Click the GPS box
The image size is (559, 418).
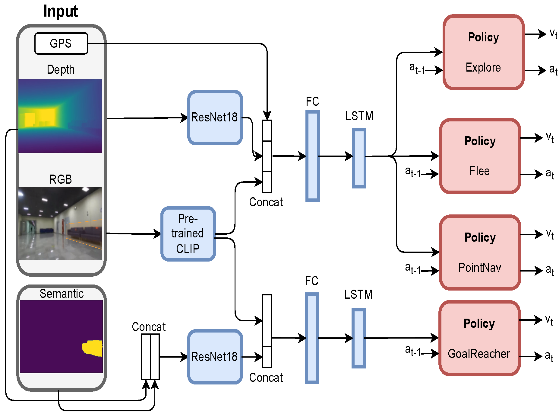pos(61,43)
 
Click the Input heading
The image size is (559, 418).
pos(61,11)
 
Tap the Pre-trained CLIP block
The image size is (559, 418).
pos(188,234)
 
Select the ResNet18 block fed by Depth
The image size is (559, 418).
pos(215,117)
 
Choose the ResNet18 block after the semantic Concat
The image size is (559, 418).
pos(215,357)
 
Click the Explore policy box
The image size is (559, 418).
pos(484,52)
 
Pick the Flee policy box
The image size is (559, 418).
pos(480,156)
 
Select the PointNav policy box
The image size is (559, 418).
pos(480,252)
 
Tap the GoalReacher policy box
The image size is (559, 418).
pos(479,338)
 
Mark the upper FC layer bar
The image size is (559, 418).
pos(313,156)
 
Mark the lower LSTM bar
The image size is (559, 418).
pos(359,338)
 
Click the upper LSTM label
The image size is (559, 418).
pos(359,116)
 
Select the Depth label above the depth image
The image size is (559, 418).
pos(61,69)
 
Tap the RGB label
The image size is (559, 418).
pos(61,179)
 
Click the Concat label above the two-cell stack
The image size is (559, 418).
pos(149,327)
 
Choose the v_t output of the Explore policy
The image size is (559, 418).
pos(553,34)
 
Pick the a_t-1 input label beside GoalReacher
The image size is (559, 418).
pos(413,350)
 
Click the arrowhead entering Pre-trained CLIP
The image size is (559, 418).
pos(157,234)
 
